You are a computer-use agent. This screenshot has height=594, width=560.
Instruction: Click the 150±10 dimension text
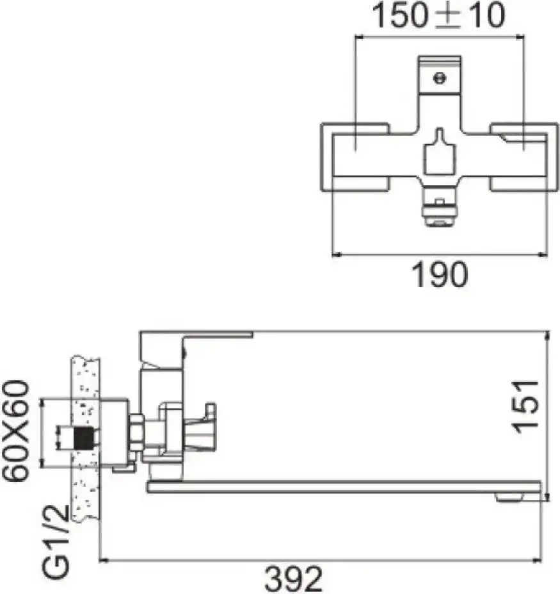pyautogui.click(x=438, y=15)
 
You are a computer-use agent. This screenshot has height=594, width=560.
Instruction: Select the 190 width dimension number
pyautogui.click(x=440, y=274)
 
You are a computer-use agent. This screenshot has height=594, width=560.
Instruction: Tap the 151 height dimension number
pyautogui.click(x=525, y=406)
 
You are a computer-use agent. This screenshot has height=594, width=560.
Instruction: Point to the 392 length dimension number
pyautogui.click(x=294, y=579)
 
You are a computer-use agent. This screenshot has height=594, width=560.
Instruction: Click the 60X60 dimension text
pyautogui.click(x=16, y=431)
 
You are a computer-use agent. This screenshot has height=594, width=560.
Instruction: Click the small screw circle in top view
pyautogui.click(x=439, y=78)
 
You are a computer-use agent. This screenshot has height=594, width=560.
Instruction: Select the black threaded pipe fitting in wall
pyautogui.click(x=84, y=438)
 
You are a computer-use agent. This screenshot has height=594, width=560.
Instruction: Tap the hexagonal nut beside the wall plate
pyautogui.click(x=136, y=434)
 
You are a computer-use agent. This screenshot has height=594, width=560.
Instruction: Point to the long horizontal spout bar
pyautogui.click(x=344, y=487)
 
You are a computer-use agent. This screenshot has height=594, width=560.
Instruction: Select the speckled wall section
pyautogui.click(x=86, y=439)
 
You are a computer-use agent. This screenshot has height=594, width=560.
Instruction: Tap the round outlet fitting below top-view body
pyautogui.click(x=439, y=213)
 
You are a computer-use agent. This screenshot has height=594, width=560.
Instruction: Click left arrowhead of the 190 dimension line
pyautogui.click(x=335, y=254)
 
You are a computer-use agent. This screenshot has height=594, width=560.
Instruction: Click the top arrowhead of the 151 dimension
pyautogui.click(x=547, y=336)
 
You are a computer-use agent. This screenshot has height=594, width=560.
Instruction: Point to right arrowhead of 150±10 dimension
pyautogui.click(x=520, y=37)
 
